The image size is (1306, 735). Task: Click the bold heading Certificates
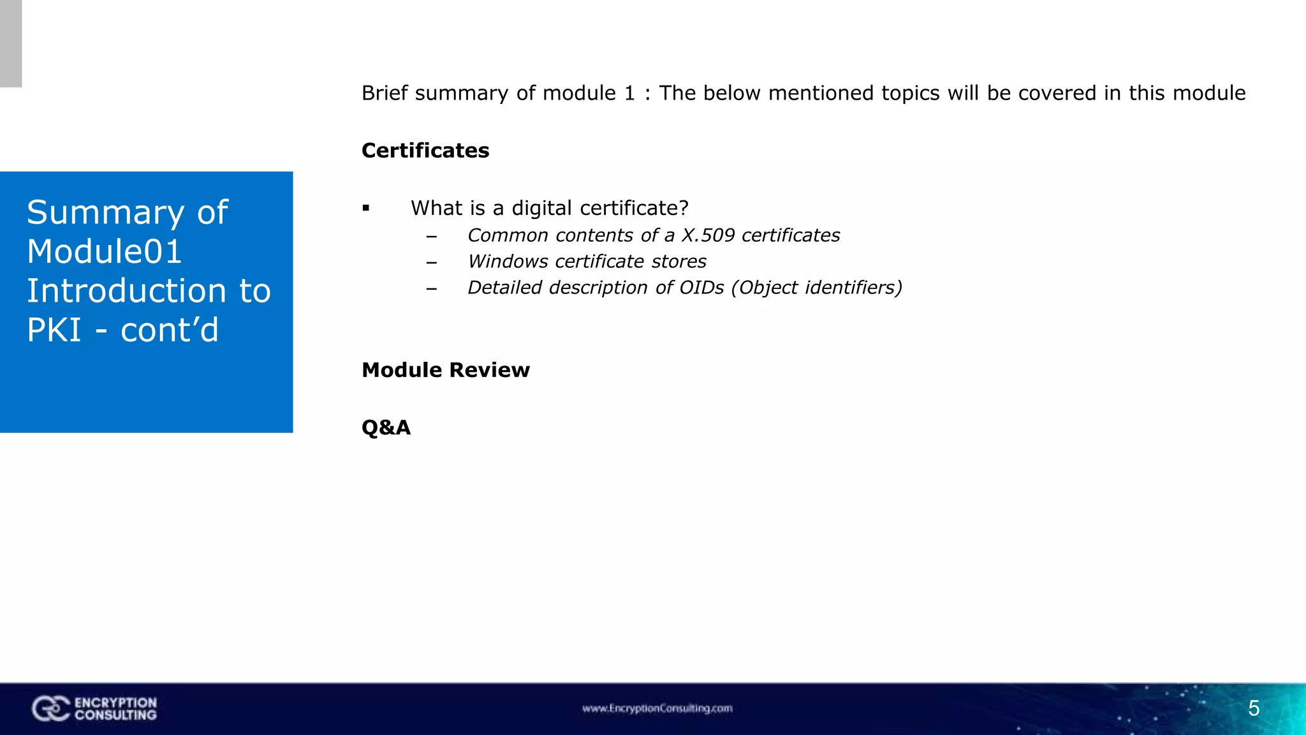pyautogui.click(x=425, y=151)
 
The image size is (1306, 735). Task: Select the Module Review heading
pyautogui.click(x=445, y=370)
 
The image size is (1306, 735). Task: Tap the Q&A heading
pyautogui.click(x=386, y=427)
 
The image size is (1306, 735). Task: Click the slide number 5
pyautogui.click(x=1253, y=708)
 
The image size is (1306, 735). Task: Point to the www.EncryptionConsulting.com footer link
pyautogui.click(x=657, y=708)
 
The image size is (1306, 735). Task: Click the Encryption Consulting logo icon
pyautogui.click(x=50, y=708)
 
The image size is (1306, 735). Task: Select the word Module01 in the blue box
pyautogui.click(x=105, y=251)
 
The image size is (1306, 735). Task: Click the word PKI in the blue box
pyautogui.click(x=54, y=330)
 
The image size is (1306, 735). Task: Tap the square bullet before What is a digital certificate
pyautogui.click(x=366, y=208)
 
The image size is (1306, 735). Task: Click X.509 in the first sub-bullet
pyautogui.click(x=708, y=235)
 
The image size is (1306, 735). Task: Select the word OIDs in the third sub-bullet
pyautogui.click(x=701, y=288)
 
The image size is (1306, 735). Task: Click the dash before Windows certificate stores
pyautogui.click(x=432, y=262)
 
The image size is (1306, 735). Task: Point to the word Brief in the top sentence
pyautogui.click(x=385, y=93)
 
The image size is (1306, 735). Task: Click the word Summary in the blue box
pyautogui.click(x=106, y=212)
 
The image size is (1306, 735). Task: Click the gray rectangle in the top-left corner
pyautogui.click(x=11, y=43)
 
